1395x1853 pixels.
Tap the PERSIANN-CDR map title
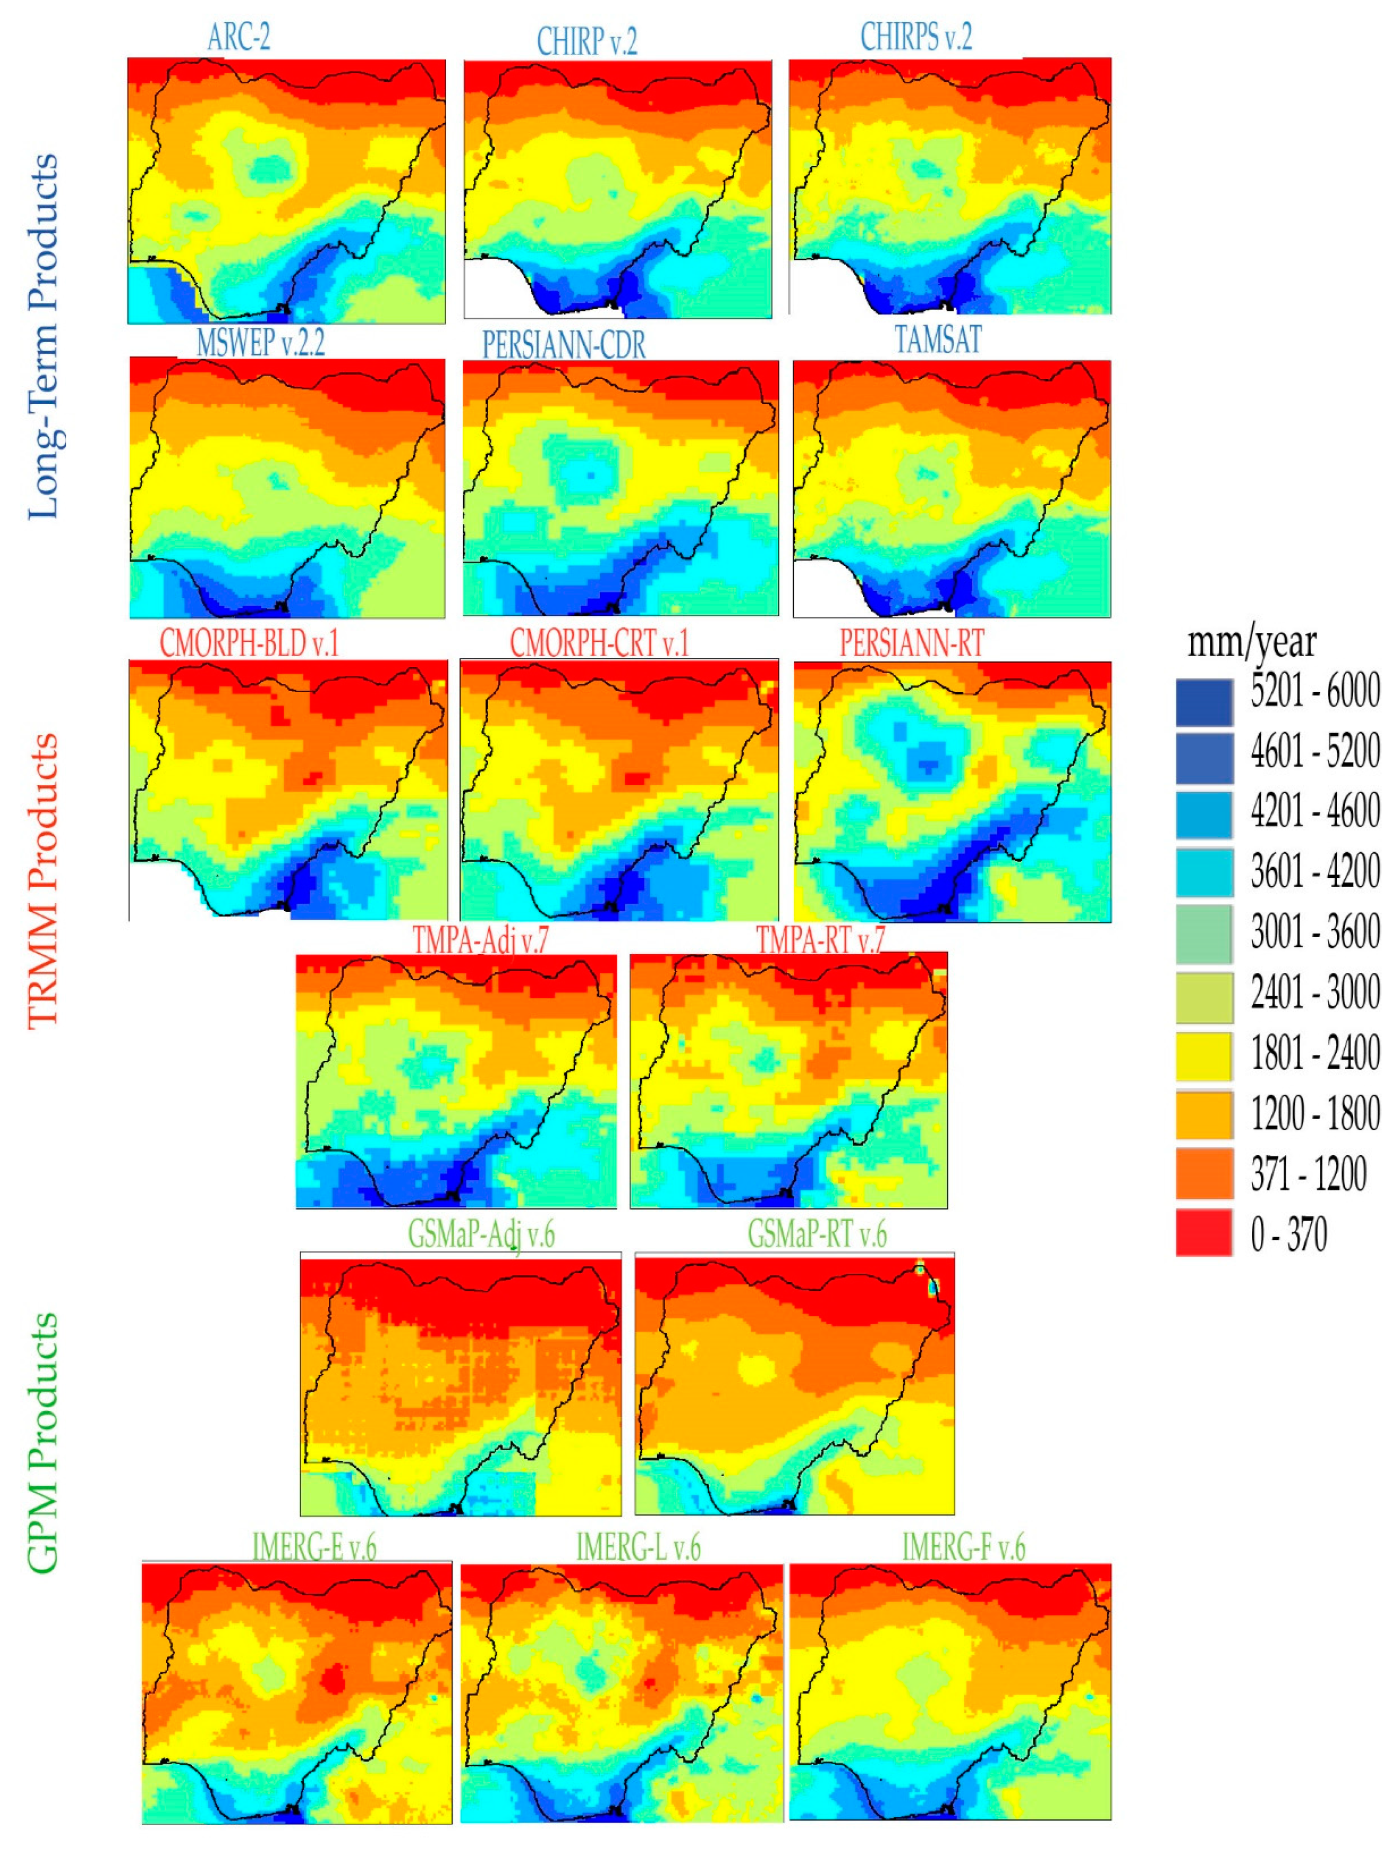564,344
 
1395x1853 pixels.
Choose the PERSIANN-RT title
911,643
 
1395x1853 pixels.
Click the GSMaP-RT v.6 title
817,1234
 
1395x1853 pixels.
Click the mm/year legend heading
1252,643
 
